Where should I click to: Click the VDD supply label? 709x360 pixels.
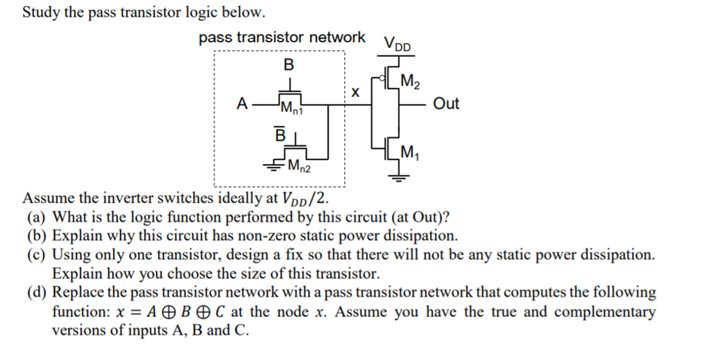[x=397, y=42]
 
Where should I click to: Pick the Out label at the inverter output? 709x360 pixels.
[x=446, y=104]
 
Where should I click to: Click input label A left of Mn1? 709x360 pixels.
[x=241, y=104]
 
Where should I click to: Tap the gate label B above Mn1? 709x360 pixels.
[x=289, y=66]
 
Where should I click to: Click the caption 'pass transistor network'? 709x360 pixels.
[x=282, y=37]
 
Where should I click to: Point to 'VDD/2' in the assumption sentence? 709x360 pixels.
[x=303, y=198]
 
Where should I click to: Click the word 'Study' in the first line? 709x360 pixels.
[x=41, y=12]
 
